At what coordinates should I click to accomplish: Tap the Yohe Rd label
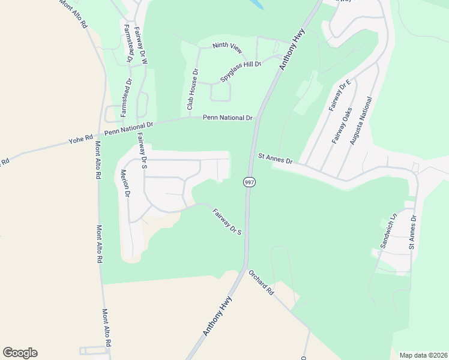click(x=80, y=140)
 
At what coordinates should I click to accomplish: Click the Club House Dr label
click(x=191, y=89)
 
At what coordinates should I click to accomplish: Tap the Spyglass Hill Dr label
click(x=241, y=71)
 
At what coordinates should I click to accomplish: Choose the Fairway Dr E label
click(x=340, y=95)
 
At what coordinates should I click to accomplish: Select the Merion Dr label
click(x=125, y=183)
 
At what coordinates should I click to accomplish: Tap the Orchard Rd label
click(x=261, y=283)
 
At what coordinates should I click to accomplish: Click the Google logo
click(x=20, y=353)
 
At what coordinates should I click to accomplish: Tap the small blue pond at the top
click(x=256, y=4)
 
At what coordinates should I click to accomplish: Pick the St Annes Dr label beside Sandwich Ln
click(x=412, y=229)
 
